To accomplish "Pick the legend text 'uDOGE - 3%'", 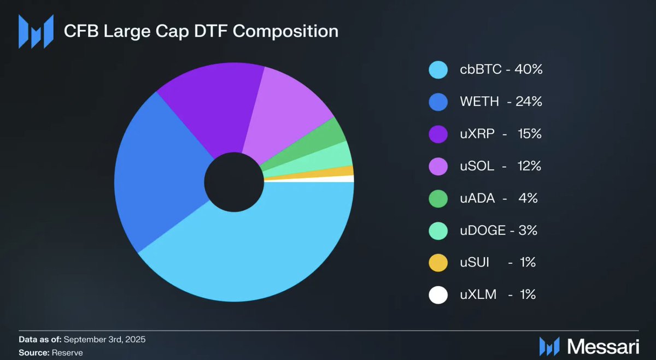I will click(498, 231).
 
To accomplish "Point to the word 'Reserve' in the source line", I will click(67, 353).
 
